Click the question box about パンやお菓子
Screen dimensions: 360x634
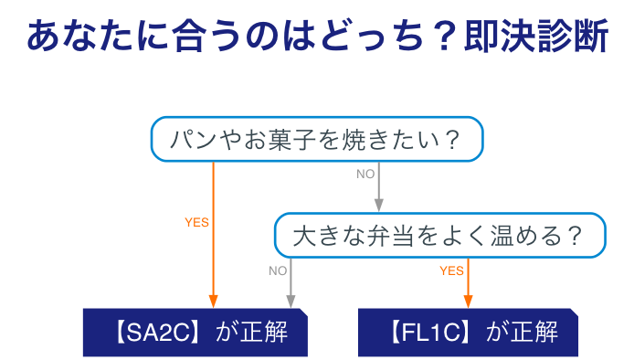pos(316,140)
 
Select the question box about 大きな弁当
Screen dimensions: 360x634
pos(439,236)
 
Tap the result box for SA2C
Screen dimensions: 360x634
pos(195,332)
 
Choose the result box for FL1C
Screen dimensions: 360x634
pos(469,332)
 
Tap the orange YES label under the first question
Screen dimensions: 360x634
pos(196,222)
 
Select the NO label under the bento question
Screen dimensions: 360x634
pos(278,270)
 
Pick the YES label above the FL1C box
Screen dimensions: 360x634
pos(451,270)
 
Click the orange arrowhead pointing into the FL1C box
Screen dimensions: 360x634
pos(468,302)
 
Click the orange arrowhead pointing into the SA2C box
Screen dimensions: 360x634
pos(214,302)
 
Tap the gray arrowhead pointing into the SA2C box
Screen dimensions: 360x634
pos(291,302)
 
